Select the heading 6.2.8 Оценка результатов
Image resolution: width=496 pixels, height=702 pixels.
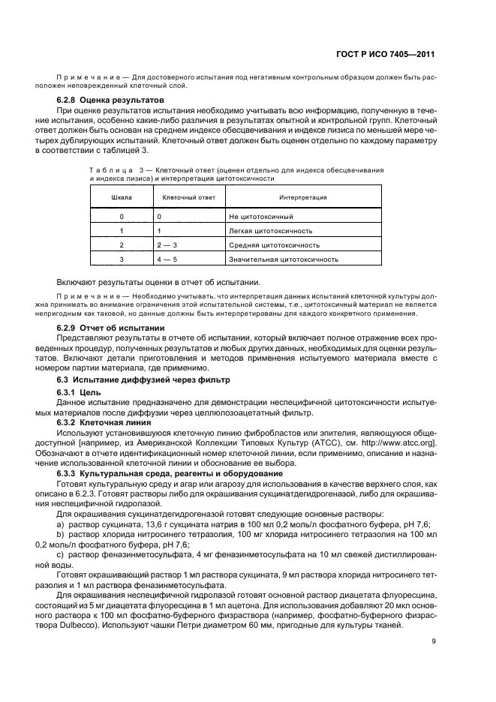110,100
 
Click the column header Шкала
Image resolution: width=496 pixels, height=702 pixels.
122,197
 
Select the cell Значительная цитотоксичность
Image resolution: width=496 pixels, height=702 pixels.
284,259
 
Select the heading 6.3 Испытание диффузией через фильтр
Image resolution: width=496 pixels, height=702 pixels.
131,382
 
